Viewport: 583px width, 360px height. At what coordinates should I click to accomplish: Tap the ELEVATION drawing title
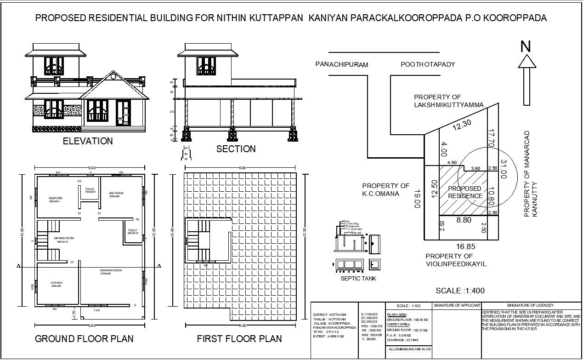88,141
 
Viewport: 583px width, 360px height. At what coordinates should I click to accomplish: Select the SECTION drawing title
236,149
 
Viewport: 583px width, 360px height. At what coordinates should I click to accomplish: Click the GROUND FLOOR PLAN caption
85,339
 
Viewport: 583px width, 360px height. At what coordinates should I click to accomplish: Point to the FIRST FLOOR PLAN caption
239,339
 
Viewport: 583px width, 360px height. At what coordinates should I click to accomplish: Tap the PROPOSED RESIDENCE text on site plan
464,192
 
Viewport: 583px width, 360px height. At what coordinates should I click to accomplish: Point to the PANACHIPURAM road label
342,65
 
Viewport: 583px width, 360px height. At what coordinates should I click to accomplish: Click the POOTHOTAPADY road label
428,64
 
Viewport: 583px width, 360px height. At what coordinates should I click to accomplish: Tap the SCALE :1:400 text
460,291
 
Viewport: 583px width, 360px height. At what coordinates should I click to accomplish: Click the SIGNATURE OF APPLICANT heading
457,305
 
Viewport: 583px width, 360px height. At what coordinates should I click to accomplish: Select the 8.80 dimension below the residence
464,221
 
